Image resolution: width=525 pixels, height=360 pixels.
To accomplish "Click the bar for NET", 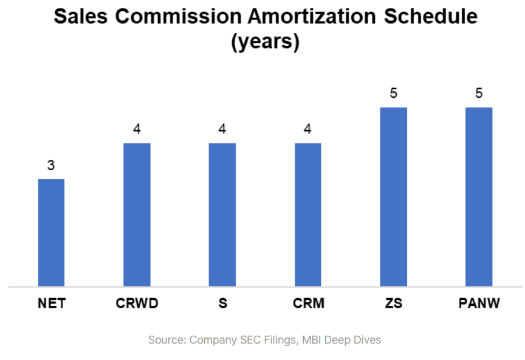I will point(51,232).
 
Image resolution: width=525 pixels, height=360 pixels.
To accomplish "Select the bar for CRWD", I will point(137,215).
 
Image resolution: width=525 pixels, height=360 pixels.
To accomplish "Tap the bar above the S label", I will point(222,215).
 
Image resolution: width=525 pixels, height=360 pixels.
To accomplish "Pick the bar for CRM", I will point(308,215).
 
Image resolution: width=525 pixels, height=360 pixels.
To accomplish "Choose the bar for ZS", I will point(394,196).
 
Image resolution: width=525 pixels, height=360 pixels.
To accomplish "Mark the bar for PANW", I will point(479,196).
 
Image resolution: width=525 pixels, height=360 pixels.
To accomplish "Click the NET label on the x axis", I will point(51,303).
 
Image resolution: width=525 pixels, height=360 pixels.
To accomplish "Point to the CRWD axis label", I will point(137,303).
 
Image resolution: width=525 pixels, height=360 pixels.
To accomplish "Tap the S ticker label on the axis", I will point(222,303).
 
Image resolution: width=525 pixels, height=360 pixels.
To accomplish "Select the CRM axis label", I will point(308,303).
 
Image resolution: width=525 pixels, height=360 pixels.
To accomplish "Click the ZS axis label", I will point(394,303).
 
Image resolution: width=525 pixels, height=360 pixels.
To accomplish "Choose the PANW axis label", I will point(479,303).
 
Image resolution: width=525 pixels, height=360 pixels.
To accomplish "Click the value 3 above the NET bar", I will point(51,165).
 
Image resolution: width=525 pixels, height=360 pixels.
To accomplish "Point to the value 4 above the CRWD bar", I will point(137,130).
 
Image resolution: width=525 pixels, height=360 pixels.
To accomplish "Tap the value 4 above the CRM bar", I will point(308,130).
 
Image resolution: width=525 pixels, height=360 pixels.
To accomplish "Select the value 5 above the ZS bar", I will point(394,94).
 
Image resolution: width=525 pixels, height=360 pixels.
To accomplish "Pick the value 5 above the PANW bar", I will point(479,94).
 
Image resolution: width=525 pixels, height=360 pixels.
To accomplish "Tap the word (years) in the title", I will point(265,43).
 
